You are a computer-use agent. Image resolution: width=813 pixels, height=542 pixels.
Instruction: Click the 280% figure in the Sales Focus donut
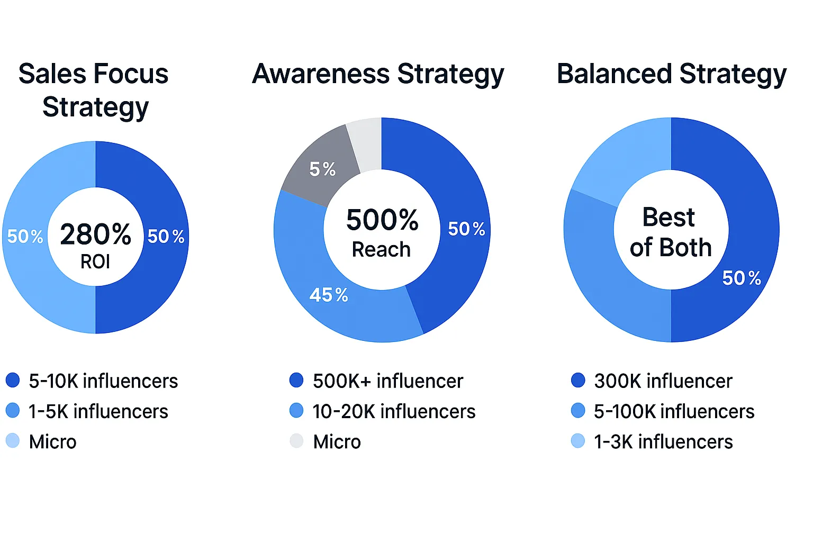tap(95, 234)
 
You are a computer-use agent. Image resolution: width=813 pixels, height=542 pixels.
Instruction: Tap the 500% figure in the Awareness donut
tap(382, 220)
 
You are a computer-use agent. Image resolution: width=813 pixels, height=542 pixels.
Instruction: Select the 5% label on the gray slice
tap(322, 169)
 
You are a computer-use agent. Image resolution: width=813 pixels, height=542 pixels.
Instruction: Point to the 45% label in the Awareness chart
tap(329, 295)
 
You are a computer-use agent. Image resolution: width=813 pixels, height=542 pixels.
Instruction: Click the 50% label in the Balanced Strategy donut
tap(742, 278)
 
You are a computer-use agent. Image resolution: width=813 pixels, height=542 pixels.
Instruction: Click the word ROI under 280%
tap(95, 261)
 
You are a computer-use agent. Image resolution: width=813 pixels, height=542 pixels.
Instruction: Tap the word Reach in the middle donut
tap(381, 249)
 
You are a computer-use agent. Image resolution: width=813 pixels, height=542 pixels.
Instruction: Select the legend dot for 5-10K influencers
tap(13, 380)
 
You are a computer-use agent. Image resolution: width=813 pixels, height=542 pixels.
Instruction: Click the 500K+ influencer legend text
tap(388, 381)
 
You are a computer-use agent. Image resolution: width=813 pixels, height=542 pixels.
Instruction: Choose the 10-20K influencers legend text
tap(394, 411)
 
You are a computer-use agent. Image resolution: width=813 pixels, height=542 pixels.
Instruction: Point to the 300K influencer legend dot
tap(578, 380)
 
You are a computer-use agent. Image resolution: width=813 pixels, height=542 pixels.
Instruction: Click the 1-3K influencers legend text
tap(663, 442)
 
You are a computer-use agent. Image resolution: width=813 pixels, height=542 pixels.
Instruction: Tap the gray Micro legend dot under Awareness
tap(296, 441)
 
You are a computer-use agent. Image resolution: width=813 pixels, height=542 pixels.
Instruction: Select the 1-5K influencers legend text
tap(98, 411)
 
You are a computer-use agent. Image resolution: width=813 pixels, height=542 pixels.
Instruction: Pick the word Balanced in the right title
tap(615, 74)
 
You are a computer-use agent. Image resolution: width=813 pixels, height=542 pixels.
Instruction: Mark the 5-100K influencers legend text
tap(674, 411)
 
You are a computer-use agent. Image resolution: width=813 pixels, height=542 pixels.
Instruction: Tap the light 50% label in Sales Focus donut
tap(25, 236)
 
